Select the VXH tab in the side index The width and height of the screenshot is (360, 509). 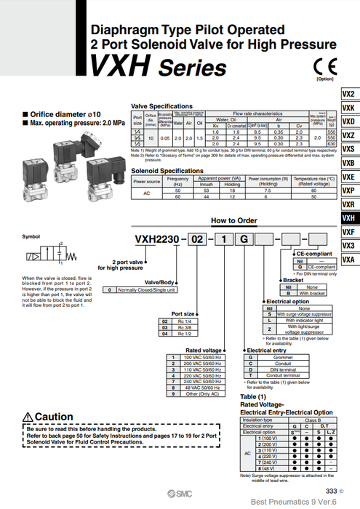348,217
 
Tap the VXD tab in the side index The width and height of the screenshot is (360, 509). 348,121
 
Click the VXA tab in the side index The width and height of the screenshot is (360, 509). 348,259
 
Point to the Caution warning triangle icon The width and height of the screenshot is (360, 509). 28,416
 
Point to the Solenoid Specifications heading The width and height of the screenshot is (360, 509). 167,170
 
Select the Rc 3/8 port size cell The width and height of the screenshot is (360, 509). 184,327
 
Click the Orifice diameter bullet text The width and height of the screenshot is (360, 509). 59,113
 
